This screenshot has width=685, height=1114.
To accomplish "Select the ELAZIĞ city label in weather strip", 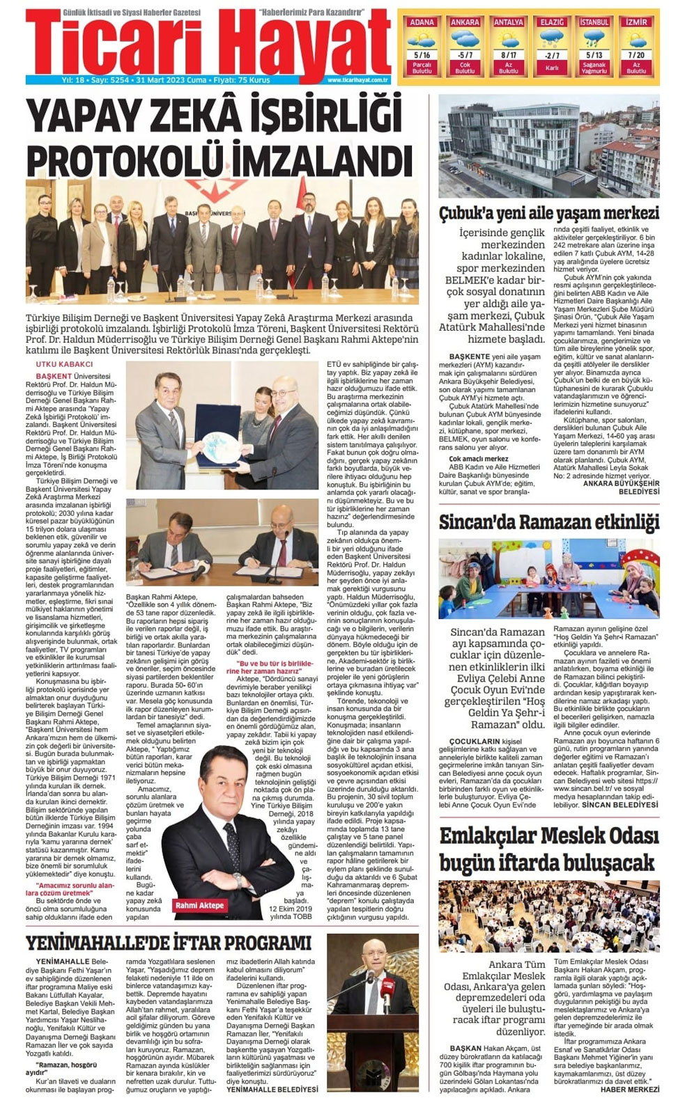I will pos(552,22).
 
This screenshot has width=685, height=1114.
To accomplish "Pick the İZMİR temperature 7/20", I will pos(636,54).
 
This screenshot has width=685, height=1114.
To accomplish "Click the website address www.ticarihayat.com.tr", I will pos(357,80).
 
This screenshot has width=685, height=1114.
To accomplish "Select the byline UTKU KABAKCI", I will pos(64,364).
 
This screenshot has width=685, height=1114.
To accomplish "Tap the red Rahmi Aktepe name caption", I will pos(200,905).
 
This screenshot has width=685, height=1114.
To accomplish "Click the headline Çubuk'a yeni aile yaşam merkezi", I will pos(548,213).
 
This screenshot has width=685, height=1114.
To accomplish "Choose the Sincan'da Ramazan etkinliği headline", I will pos(548,522).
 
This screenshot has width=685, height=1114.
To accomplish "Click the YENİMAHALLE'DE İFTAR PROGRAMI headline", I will pos(168,943).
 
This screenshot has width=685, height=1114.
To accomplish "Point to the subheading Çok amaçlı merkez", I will pos(479,459).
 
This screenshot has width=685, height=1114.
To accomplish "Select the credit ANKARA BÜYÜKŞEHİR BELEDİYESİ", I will pos(621,487).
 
